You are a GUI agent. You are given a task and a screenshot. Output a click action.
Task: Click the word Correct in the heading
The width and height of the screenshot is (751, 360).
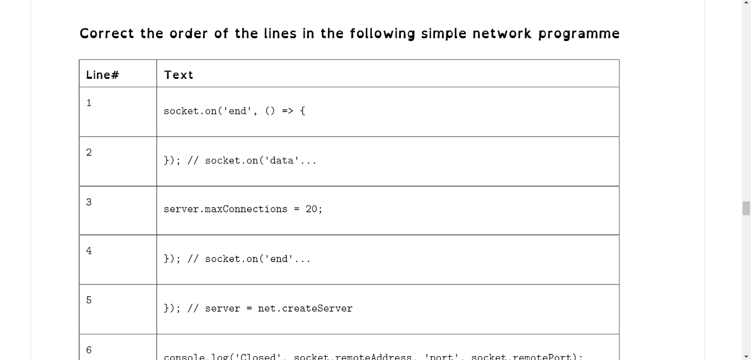coord(107,34)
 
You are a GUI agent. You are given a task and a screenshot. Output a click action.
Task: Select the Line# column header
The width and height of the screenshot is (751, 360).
coord(103,75)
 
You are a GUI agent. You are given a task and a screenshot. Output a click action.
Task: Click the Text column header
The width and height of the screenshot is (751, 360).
coord(179,75)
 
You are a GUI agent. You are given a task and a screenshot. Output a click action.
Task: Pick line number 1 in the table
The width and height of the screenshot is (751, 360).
coord(89,103)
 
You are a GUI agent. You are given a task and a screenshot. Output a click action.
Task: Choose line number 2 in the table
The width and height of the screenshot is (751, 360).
coord(89,153)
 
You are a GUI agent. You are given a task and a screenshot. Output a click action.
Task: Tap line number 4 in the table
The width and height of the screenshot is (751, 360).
coord(89,251)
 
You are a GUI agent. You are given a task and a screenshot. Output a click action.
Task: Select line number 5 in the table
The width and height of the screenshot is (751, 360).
coord(89,301)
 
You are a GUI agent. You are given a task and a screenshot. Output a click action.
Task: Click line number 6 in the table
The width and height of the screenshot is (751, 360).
coord(89,350)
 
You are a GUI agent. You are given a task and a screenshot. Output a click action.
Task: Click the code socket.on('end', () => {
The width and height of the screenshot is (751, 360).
coord(234,111)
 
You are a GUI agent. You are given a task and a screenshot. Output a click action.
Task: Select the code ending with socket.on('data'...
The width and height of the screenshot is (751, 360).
coord(240,161)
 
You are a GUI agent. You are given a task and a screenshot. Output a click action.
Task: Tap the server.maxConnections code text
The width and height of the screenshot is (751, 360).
coord(225,209)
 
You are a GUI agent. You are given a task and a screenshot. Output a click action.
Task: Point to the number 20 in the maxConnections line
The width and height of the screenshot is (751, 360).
coord(312,209)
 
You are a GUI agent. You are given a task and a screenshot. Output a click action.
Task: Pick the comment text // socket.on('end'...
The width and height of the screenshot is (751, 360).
coord(249,259)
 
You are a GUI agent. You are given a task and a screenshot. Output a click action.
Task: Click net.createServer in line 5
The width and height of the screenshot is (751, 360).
coord(305,308)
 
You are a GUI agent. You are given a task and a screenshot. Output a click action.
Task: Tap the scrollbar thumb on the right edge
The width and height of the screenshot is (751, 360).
coord(746,209)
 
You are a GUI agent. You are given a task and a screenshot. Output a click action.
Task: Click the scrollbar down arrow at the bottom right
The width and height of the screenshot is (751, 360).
coord(746,356)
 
